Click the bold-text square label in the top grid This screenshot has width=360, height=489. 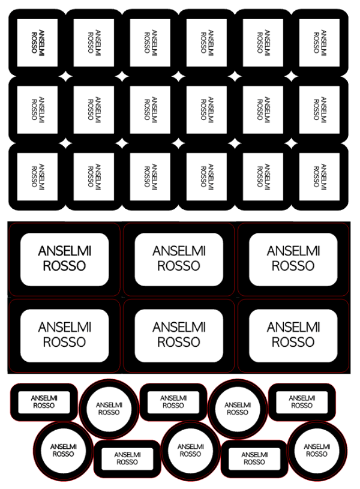coord(37,43)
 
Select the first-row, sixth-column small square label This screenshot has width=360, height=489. coord(319,43)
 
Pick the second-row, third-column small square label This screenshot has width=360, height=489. coord(150,110)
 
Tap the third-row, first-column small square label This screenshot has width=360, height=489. coord(37,176)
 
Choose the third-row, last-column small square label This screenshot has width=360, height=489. coord(319,176)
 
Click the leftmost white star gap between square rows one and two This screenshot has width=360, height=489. coord(66,76)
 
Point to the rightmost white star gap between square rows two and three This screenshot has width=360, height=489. coord(292,143)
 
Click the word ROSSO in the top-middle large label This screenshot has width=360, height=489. coord(179,266)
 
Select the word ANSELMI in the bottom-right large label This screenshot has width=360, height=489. coord(293,327)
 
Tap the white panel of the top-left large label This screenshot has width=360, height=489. coord(65,259)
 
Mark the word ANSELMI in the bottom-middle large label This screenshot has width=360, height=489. coord(179,327)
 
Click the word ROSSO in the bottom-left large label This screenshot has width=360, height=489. coord(64,342)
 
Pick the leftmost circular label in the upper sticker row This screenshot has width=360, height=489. coord(109,409)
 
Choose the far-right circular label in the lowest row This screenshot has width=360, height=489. coord(317,451)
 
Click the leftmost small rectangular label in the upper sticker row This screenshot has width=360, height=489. coord(44,402)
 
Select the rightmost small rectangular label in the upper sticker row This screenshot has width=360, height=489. coord(302,402)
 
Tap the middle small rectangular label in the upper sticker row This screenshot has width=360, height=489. coord(173,402)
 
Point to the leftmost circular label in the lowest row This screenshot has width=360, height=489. coord(64,451)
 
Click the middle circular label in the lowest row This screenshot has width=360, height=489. coord(190,451)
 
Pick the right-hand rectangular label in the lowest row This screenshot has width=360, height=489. coord(254,459)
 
